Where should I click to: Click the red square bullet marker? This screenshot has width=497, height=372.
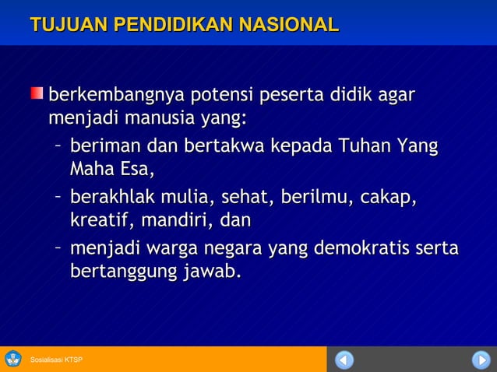click(37, 94)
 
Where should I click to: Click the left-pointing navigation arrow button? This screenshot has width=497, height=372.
click(344, 360)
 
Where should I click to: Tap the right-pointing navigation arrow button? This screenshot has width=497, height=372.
click(481, 360)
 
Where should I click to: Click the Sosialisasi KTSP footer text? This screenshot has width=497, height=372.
click(56, 360)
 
